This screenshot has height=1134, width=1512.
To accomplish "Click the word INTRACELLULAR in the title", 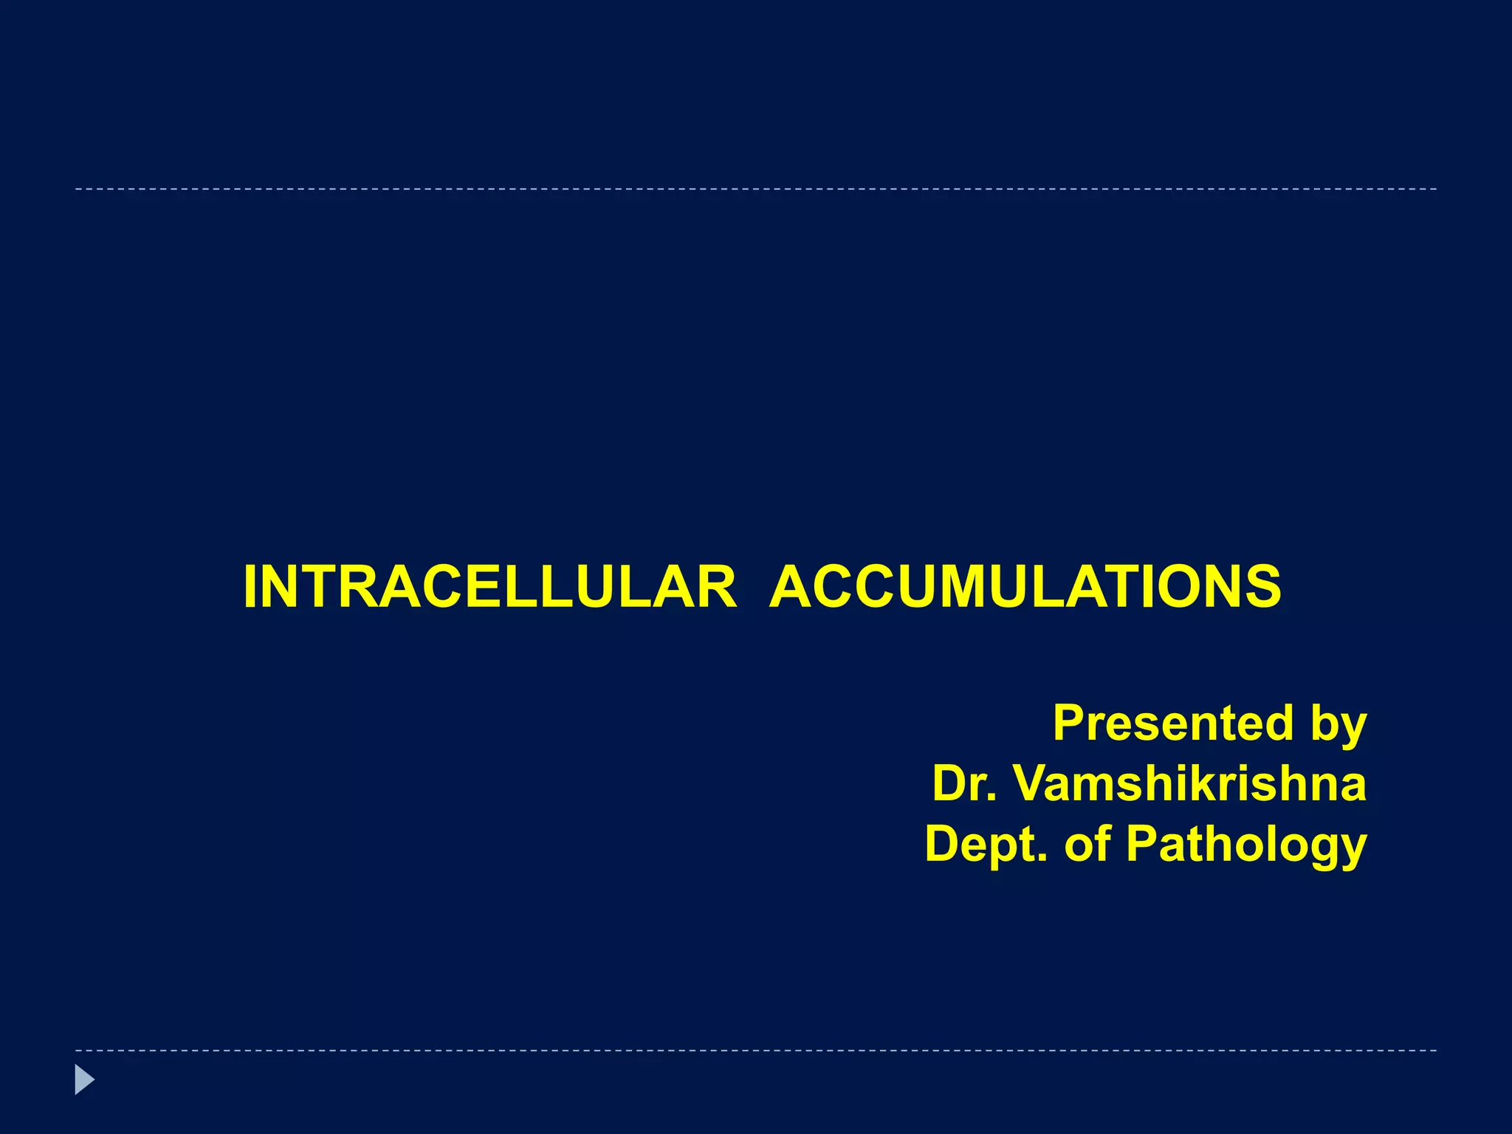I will (x=489, y=588).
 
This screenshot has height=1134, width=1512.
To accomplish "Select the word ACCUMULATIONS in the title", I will (x=1025, y=588).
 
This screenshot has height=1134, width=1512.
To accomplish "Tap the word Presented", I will (x=1173, y=723).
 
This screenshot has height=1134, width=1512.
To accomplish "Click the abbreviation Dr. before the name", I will (x=964, y=783).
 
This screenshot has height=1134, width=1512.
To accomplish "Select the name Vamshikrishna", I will (x=1190, y=783).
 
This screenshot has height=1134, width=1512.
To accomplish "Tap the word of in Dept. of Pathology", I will (x=1087, y=844).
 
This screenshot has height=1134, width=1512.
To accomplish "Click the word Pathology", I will (x=1246, y=845).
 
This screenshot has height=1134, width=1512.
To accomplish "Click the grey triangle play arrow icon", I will (x=84, y=1080).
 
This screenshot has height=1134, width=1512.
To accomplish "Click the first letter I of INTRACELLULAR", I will (x=250, y=588).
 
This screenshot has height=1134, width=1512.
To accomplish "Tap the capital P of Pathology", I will (x=1142, y=844).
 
